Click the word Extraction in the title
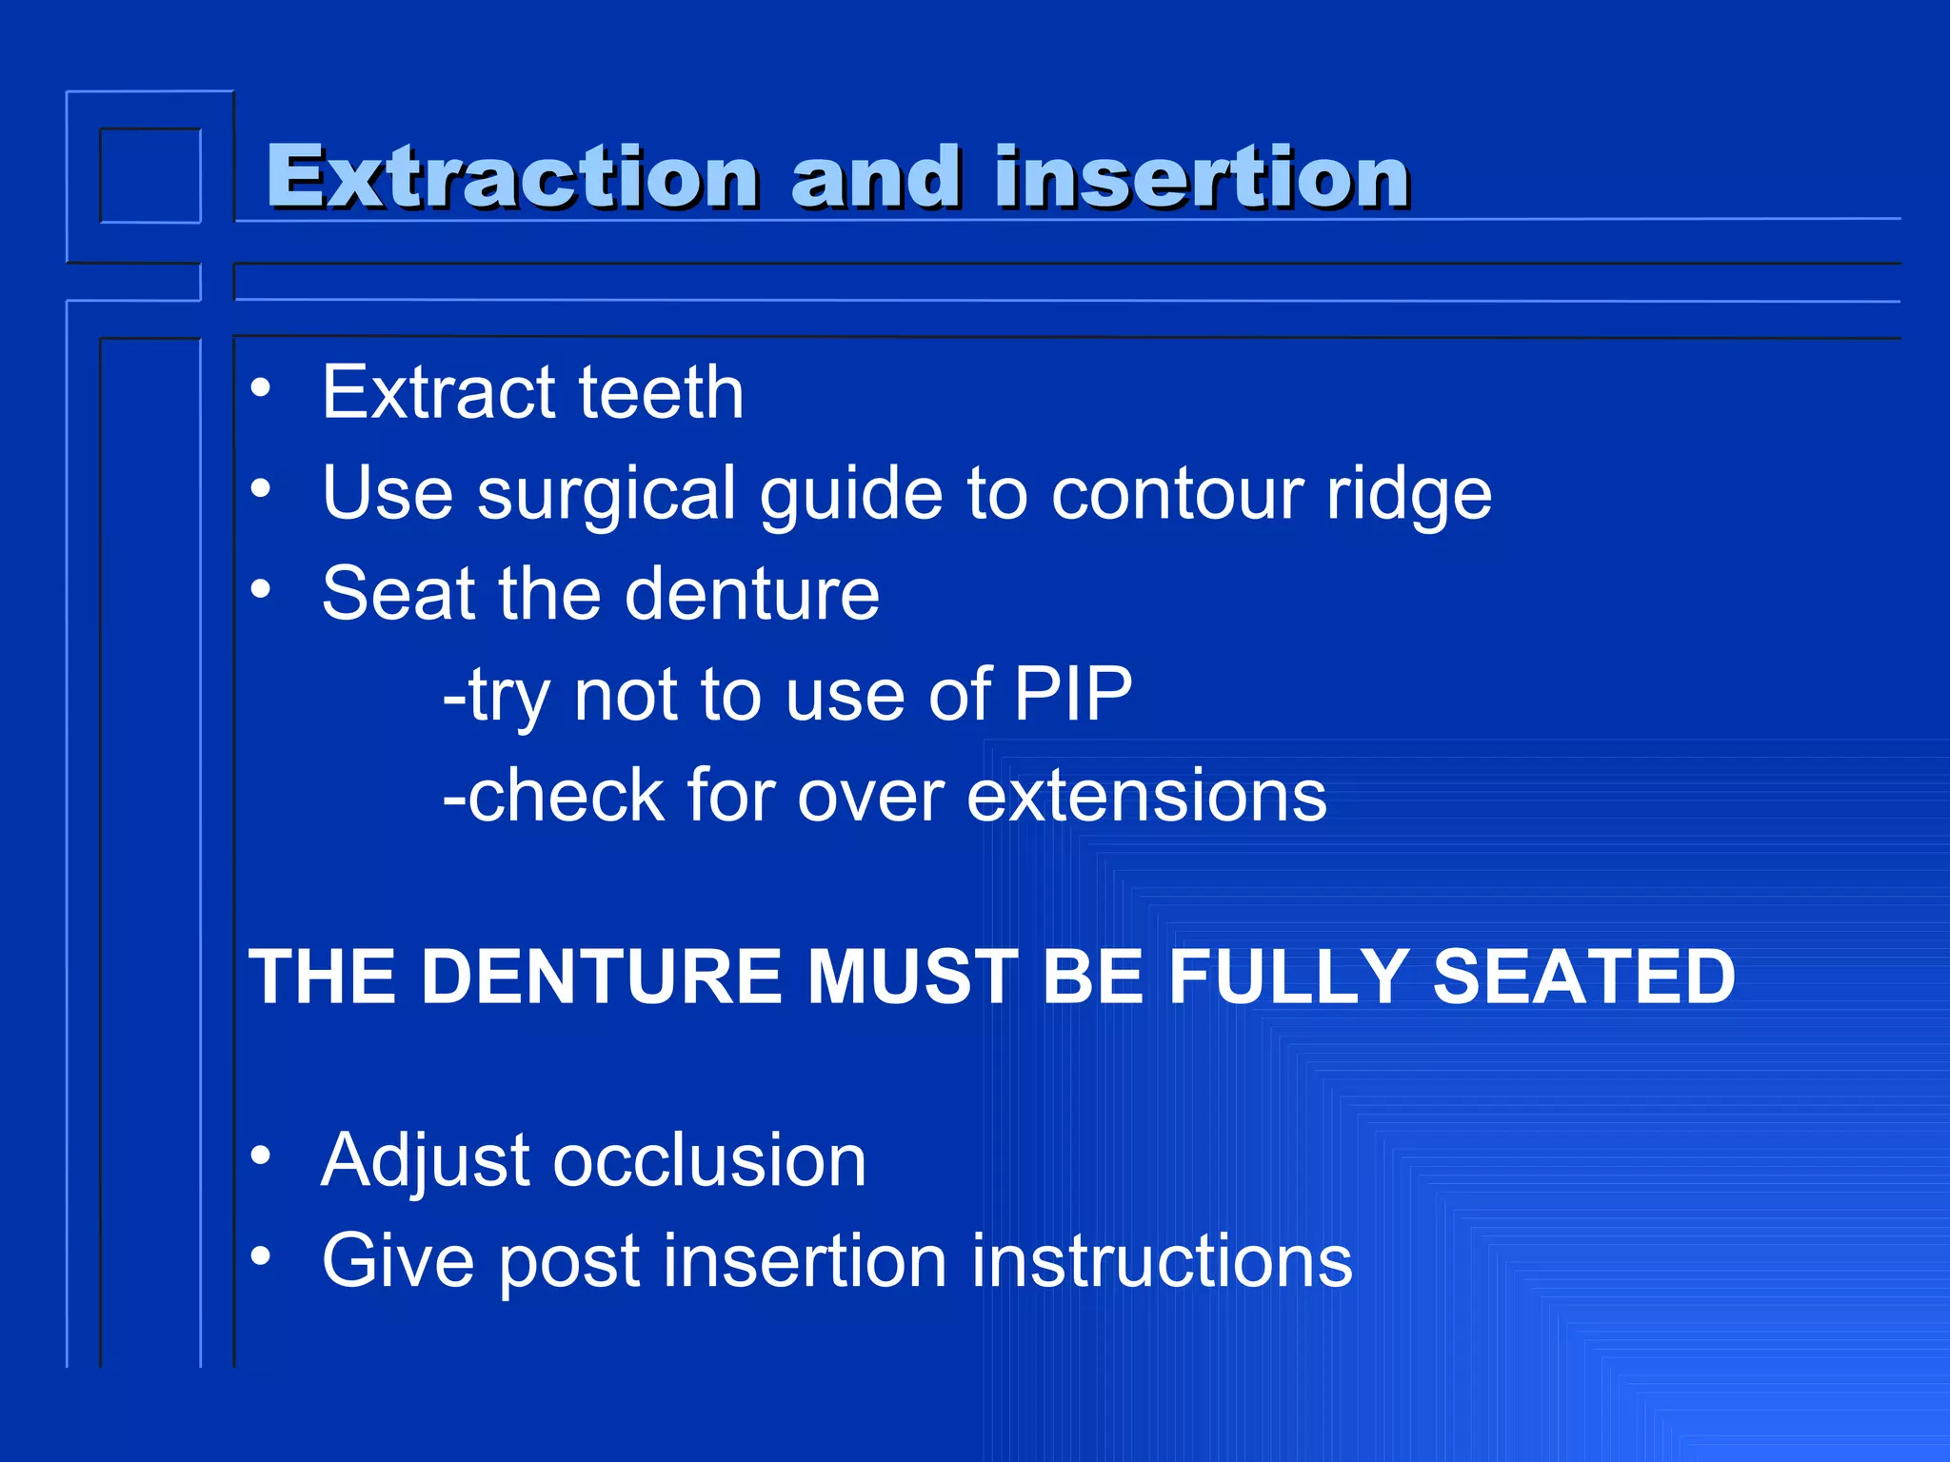[512, 177]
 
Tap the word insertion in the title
[1202, 177]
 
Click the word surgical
[607, 495]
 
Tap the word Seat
[397, 594]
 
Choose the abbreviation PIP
[1072, 695]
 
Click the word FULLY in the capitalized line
[1289, 977]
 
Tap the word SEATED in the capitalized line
[1584, 977]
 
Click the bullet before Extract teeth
[261, 388]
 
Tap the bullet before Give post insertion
[261, 1256]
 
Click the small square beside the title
[150, 176]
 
